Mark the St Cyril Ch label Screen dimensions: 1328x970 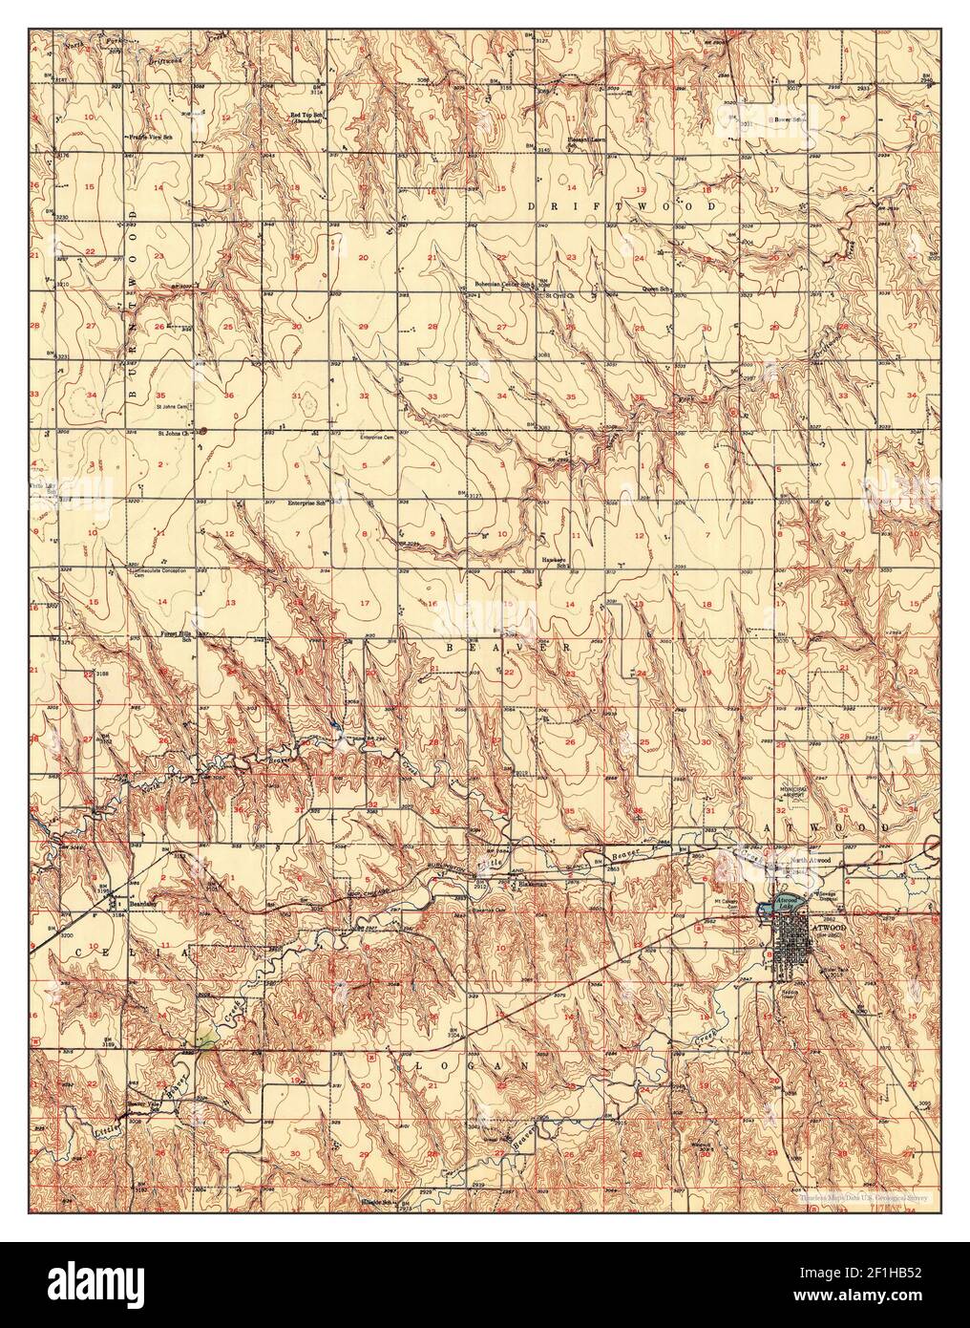(x=559, y=296)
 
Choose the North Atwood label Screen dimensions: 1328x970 (x=810, y=861)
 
